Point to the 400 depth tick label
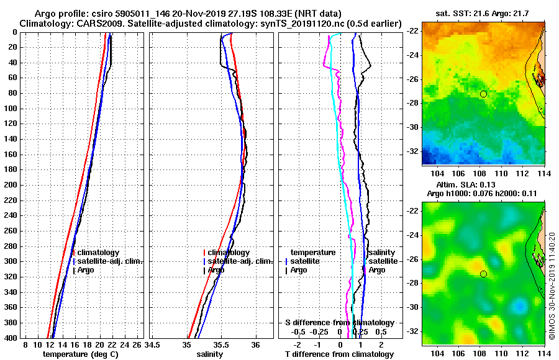pyautogui.click(x=11, y=338)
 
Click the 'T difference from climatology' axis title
pyautogui.click(x=339, y=354)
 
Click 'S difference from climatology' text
pyautogui.click(x=339, y=323)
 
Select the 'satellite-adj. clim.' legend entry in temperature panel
pyautogui.click(x=110, y=261)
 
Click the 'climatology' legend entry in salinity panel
pyautogui.click(x=229, y=253)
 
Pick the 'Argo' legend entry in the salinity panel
pyautogui.click(x=216, y=270)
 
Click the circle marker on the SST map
pyautogui.click(x=483, y=94)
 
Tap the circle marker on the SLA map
pyautogui.click(x=483, y=274)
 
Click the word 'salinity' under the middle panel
pyautogui.click(x=210, y=354)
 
